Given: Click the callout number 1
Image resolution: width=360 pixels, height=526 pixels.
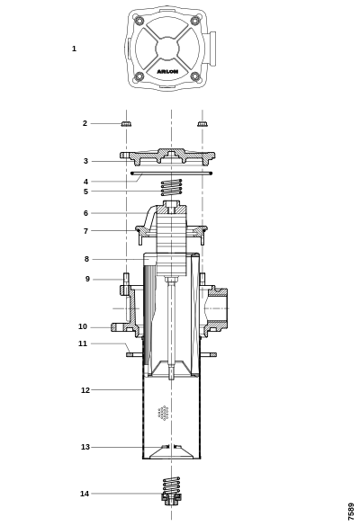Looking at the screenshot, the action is click(x=74, y=49).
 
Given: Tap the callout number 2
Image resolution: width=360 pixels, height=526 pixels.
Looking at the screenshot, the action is click(x=85, y=123).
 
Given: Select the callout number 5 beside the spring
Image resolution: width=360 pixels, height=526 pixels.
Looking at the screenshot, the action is click(x=85, y=192).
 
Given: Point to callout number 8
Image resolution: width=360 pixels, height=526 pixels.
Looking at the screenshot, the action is click(x=86, y=259).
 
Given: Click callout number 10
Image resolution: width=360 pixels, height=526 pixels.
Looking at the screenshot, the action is click(x=83, y=326).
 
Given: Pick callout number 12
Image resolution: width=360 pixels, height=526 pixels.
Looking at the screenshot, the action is click(x=85, y=390).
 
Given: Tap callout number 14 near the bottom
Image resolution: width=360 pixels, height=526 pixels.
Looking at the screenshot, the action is click(x=85, y=494).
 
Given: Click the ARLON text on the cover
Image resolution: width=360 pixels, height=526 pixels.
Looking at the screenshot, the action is click(x=167, y=71).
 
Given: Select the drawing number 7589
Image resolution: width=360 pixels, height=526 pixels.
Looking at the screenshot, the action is click(x=351, y=512).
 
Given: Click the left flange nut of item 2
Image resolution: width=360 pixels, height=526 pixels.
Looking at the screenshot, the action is click(x=126, y=124).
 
